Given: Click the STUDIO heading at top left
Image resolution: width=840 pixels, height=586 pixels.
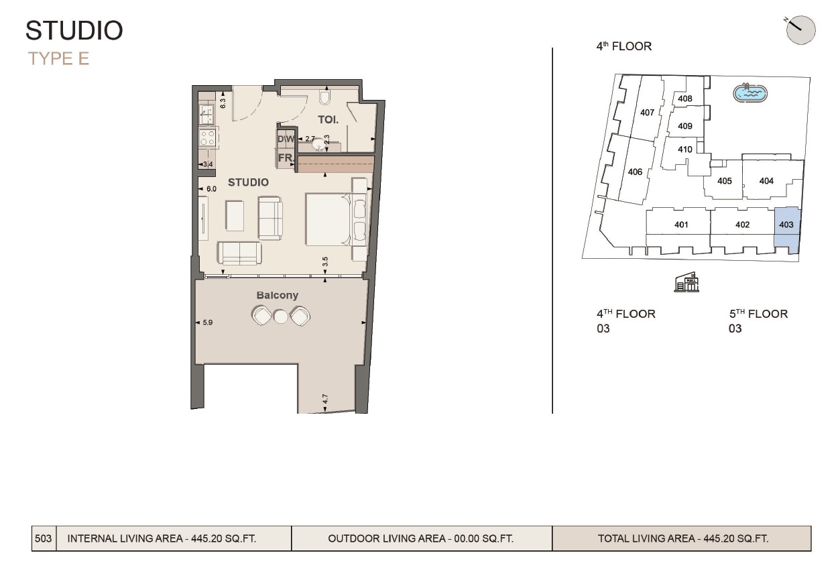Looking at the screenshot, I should [x=74, y=31].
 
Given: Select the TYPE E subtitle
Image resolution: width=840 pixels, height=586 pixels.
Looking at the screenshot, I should [x=58, y=59].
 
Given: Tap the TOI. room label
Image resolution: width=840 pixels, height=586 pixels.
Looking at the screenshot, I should [x=328, y=119].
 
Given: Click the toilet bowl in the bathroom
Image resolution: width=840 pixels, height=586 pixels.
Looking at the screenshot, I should [x=325, y=98].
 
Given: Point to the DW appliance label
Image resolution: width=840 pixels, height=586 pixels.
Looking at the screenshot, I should [x=286, y=139].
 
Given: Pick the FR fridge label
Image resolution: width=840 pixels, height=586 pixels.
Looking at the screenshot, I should [x=285, y=158].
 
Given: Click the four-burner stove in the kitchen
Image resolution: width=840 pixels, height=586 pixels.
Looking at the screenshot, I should [x=207, y=138].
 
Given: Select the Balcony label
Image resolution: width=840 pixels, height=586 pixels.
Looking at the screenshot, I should [x=277, y=295].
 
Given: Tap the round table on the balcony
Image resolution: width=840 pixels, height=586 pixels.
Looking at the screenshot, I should [x=280, y=316].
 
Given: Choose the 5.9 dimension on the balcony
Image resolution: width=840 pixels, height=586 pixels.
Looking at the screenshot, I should [x=207, y=323].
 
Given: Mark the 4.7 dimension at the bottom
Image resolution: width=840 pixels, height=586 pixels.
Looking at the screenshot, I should [x=325, y=399].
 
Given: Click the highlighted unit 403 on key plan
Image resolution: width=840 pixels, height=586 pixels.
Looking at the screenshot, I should [x=787, y=225].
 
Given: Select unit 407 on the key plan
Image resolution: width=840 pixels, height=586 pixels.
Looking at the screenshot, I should [x=647, y=113].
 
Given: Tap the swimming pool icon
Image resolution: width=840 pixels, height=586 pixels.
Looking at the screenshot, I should [x=750, y=93].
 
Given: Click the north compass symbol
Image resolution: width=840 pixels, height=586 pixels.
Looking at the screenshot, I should [x=800, y=30].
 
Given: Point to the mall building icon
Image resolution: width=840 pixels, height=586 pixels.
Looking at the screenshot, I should [x=686, y=283].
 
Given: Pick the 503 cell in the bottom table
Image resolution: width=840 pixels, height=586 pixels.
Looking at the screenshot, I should [x=44, y=538].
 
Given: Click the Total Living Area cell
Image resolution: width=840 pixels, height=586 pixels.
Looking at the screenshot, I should [x=682, y=538].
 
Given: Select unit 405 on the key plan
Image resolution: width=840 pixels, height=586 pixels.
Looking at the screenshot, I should [x=724, y=181].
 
